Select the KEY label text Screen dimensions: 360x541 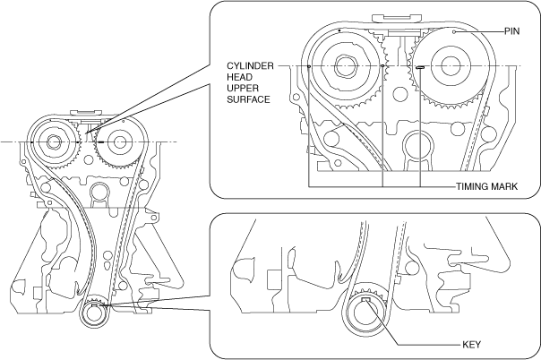click(x=473, y=344)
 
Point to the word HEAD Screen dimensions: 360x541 click(x=238, y=78)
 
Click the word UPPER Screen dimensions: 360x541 click(x=242, y=89)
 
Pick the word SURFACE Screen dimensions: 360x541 click(x=248, y=99)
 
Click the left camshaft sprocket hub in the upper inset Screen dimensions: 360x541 click(x=346, y=66)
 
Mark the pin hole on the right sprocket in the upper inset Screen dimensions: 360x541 click(x=455, y=31)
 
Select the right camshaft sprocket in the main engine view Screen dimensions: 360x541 click(x=116, y=142)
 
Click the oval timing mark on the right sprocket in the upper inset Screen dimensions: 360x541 click(x=419, y=66)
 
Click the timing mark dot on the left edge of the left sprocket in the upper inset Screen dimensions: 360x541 click(x=309, y=66)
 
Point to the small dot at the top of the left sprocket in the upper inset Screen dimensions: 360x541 click(x=340, y=30)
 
